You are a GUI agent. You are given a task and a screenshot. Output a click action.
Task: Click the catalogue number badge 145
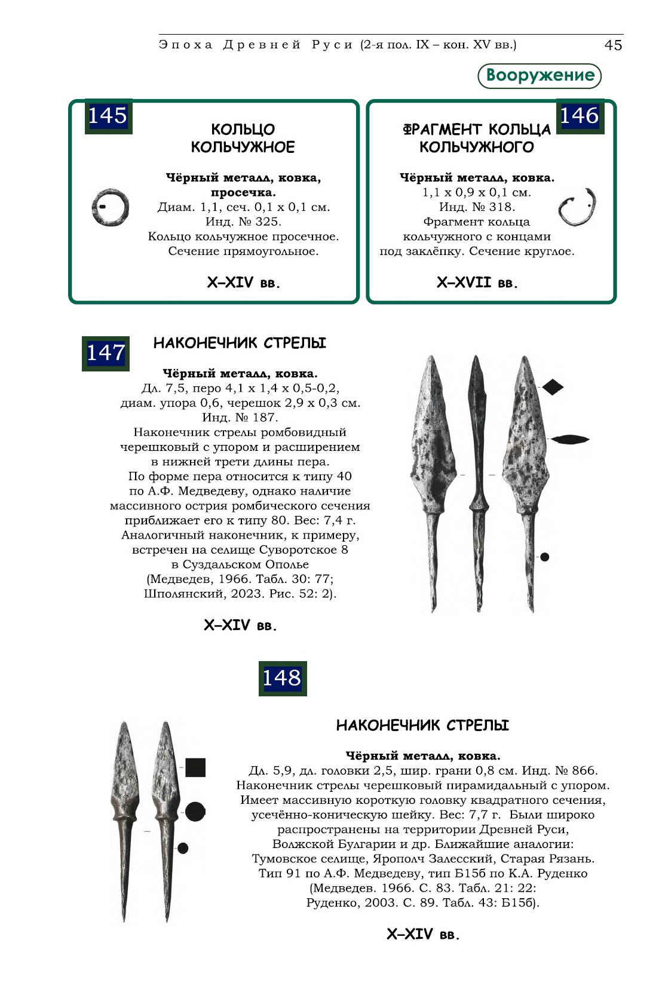coord(108,116)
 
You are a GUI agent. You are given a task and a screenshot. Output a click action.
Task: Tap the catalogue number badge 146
coord(580,116)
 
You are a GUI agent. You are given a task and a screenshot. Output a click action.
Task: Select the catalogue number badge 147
coord(106,353)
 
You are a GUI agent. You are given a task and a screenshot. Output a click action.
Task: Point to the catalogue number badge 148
coord(282,678)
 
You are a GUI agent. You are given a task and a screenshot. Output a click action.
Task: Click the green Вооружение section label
coord(540,75)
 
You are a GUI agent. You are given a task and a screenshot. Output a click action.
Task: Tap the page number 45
coord(613,45)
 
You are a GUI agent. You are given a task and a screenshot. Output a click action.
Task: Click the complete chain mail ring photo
coord(111,208)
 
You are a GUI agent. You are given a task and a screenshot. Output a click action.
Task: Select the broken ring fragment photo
coord(577,207)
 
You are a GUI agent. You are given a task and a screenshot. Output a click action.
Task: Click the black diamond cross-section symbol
coord(553,387)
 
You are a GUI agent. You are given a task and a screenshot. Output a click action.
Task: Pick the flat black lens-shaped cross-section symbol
coord(569,440)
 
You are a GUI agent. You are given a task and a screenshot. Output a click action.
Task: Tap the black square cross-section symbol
coord(195,767)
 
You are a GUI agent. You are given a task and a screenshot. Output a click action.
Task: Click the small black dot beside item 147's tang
coord(544,557)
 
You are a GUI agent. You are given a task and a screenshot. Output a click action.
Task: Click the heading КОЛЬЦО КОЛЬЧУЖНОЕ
coord(243,138)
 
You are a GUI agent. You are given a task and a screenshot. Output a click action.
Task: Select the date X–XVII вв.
coord(477,282)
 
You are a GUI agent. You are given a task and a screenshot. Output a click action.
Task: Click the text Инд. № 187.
coord(240,417)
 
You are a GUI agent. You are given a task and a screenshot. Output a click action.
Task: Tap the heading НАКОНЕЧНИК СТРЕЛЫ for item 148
coord(422,726)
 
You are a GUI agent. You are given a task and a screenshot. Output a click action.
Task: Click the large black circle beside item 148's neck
coord(195,812)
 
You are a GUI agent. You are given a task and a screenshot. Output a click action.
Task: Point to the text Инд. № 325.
coord(243,222)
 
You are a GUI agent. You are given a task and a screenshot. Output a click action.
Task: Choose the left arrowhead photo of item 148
coord(124,818)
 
